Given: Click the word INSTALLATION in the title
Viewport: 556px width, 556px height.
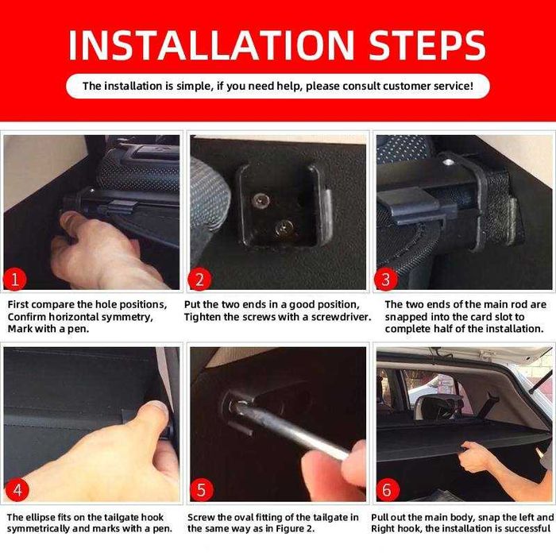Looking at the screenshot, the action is pyautogui.click(x=211, y=45).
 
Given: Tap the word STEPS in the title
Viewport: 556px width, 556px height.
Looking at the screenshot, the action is pyautogui.click(x=427, y=45).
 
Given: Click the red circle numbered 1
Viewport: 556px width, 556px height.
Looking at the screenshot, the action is pyautogui.click(x=15, y=280).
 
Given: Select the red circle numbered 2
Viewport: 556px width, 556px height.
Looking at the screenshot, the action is pyautogui.click(x=199, y=280).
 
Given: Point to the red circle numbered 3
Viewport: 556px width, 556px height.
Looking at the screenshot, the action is pyautogui.click(x=386, y=280).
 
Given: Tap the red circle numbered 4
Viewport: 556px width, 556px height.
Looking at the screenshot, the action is pyautogui.click(x=17, y=489).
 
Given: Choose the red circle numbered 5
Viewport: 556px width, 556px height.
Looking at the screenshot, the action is pyautogui.click(x=202, y=489).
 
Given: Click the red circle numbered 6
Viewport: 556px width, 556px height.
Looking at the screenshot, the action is pyautogui.click(x=388, y=489).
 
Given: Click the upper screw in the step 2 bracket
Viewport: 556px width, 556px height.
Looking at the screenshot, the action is pyautogui.click(x=261, y=201).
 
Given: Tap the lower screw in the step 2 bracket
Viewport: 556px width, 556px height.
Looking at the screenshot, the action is pyautogui.click(x=284, y=227).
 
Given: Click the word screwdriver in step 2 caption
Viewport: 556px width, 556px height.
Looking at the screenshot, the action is pyautogui.click(x=341, y=317).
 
